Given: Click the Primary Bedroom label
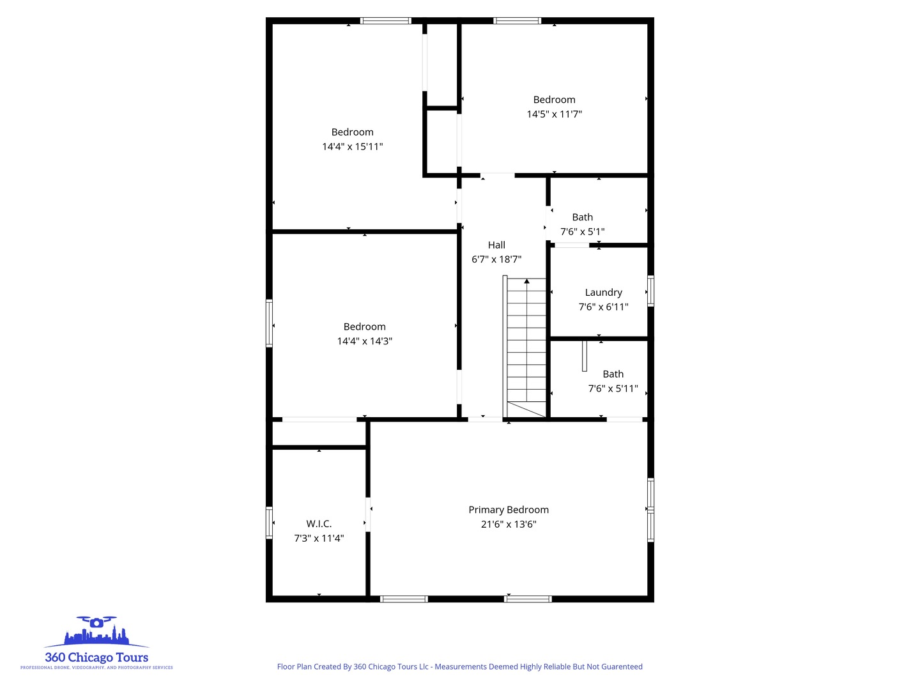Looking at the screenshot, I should pyautogui.click(x=509, y=510).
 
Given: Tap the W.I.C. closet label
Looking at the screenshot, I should pyautogui.click(x=319, y=524).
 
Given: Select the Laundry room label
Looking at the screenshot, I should pyautogui.click(x=603, y=293).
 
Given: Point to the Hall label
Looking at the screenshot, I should pyautogui.click(x=496, y=245).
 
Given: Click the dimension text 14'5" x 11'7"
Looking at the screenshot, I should pyautogui.click(x=554, y=114).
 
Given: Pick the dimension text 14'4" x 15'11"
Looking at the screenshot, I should pyautogui.click(x=352, y=147).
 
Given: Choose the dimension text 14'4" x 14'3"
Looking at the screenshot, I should pyautogui.click(x=364, y=341).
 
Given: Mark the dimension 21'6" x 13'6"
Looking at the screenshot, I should pyautogui.click(x=509, y=525).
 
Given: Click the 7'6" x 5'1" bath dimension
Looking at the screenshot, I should pyautogui.click(x=582, y=232).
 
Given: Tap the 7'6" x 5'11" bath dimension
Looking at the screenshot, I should pyautogui.click(x=613, y=388).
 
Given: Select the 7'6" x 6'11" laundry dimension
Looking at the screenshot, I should pyautogui.click(x=603, y=307).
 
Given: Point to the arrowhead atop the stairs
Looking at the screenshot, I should pyautogui.click(x=526, y=281).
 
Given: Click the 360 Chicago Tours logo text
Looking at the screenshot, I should pyautogui.click(x=96, y=657).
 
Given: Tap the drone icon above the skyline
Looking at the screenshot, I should pyautogui.click(x=96, y=622).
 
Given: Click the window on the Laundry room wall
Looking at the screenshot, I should pyautogui.click(x=650, y=291).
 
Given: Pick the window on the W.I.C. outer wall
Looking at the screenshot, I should pyautogui.click(x=269, y=523).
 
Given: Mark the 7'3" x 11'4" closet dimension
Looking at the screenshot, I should pyautogui.click(x=319, y=539).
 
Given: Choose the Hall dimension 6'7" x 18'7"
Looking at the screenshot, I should pyautogui.click(x=496, y=259).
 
